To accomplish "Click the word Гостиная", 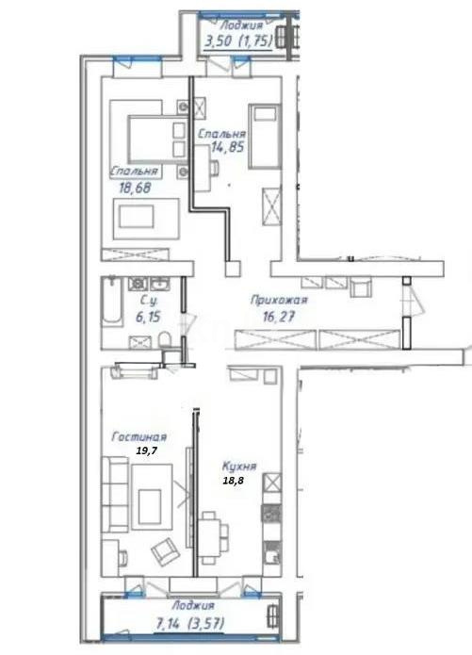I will tap(138, 437).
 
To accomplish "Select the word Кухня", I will tap(239, 466).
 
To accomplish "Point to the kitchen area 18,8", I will tap(232, 481).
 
